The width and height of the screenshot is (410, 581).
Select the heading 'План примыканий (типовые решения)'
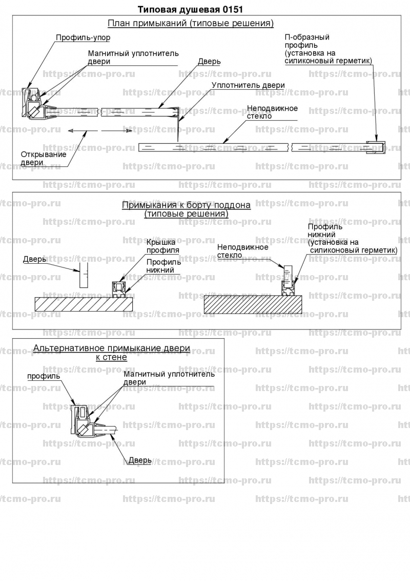tap(191, 24)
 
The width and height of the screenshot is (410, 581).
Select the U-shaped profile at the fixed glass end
tap(378, 147)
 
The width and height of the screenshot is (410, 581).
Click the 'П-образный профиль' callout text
tap(328, 49)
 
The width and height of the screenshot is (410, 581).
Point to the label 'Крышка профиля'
tap(162, 246)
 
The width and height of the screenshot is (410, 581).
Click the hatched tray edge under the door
tap(84, 303)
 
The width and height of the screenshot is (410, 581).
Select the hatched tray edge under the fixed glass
tap(254, 304)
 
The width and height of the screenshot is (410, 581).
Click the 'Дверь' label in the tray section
tap(34, 260)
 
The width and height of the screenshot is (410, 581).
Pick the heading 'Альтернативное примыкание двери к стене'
tap(112, 353)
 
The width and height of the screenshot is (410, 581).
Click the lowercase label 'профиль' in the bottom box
tap(44, 376)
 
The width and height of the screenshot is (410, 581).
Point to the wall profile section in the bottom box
tap(79, 419)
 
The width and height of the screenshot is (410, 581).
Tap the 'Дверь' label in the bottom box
tap(140, 460)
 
